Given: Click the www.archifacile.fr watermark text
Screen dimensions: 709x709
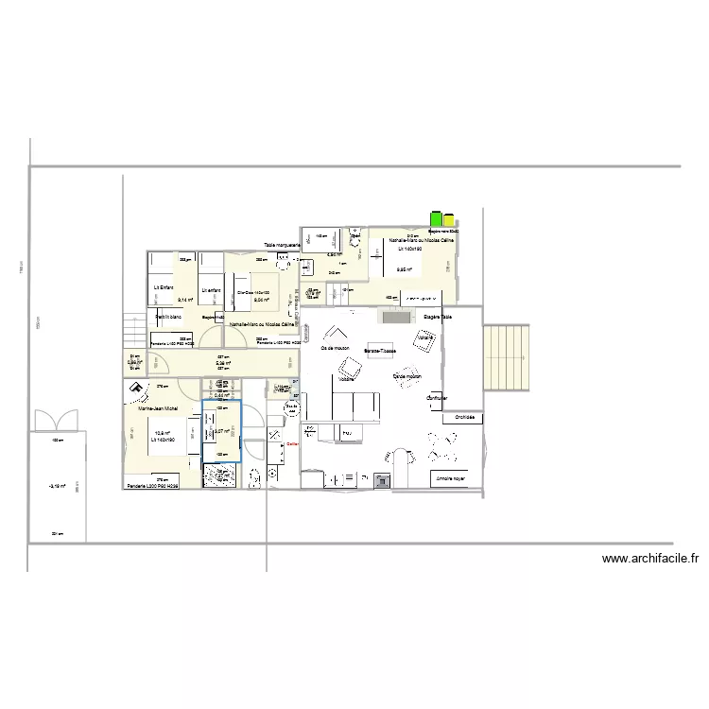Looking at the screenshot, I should [x=649, y=559].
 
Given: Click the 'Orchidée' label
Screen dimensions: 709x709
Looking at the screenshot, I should [x=464, y=417].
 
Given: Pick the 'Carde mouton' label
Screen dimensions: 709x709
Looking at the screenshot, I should [x=406, y=376].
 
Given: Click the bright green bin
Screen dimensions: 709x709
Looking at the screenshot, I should [x=437, y=218].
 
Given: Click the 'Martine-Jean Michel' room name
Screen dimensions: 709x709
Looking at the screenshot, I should [x=158, y=408].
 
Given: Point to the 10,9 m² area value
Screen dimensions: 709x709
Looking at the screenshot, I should [x=162, y=434].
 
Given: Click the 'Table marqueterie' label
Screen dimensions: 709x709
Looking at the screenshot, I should [x=282, y=246].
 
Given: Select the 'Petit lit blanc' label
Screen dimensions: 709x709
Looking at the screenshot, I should [x=168, y=316].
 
